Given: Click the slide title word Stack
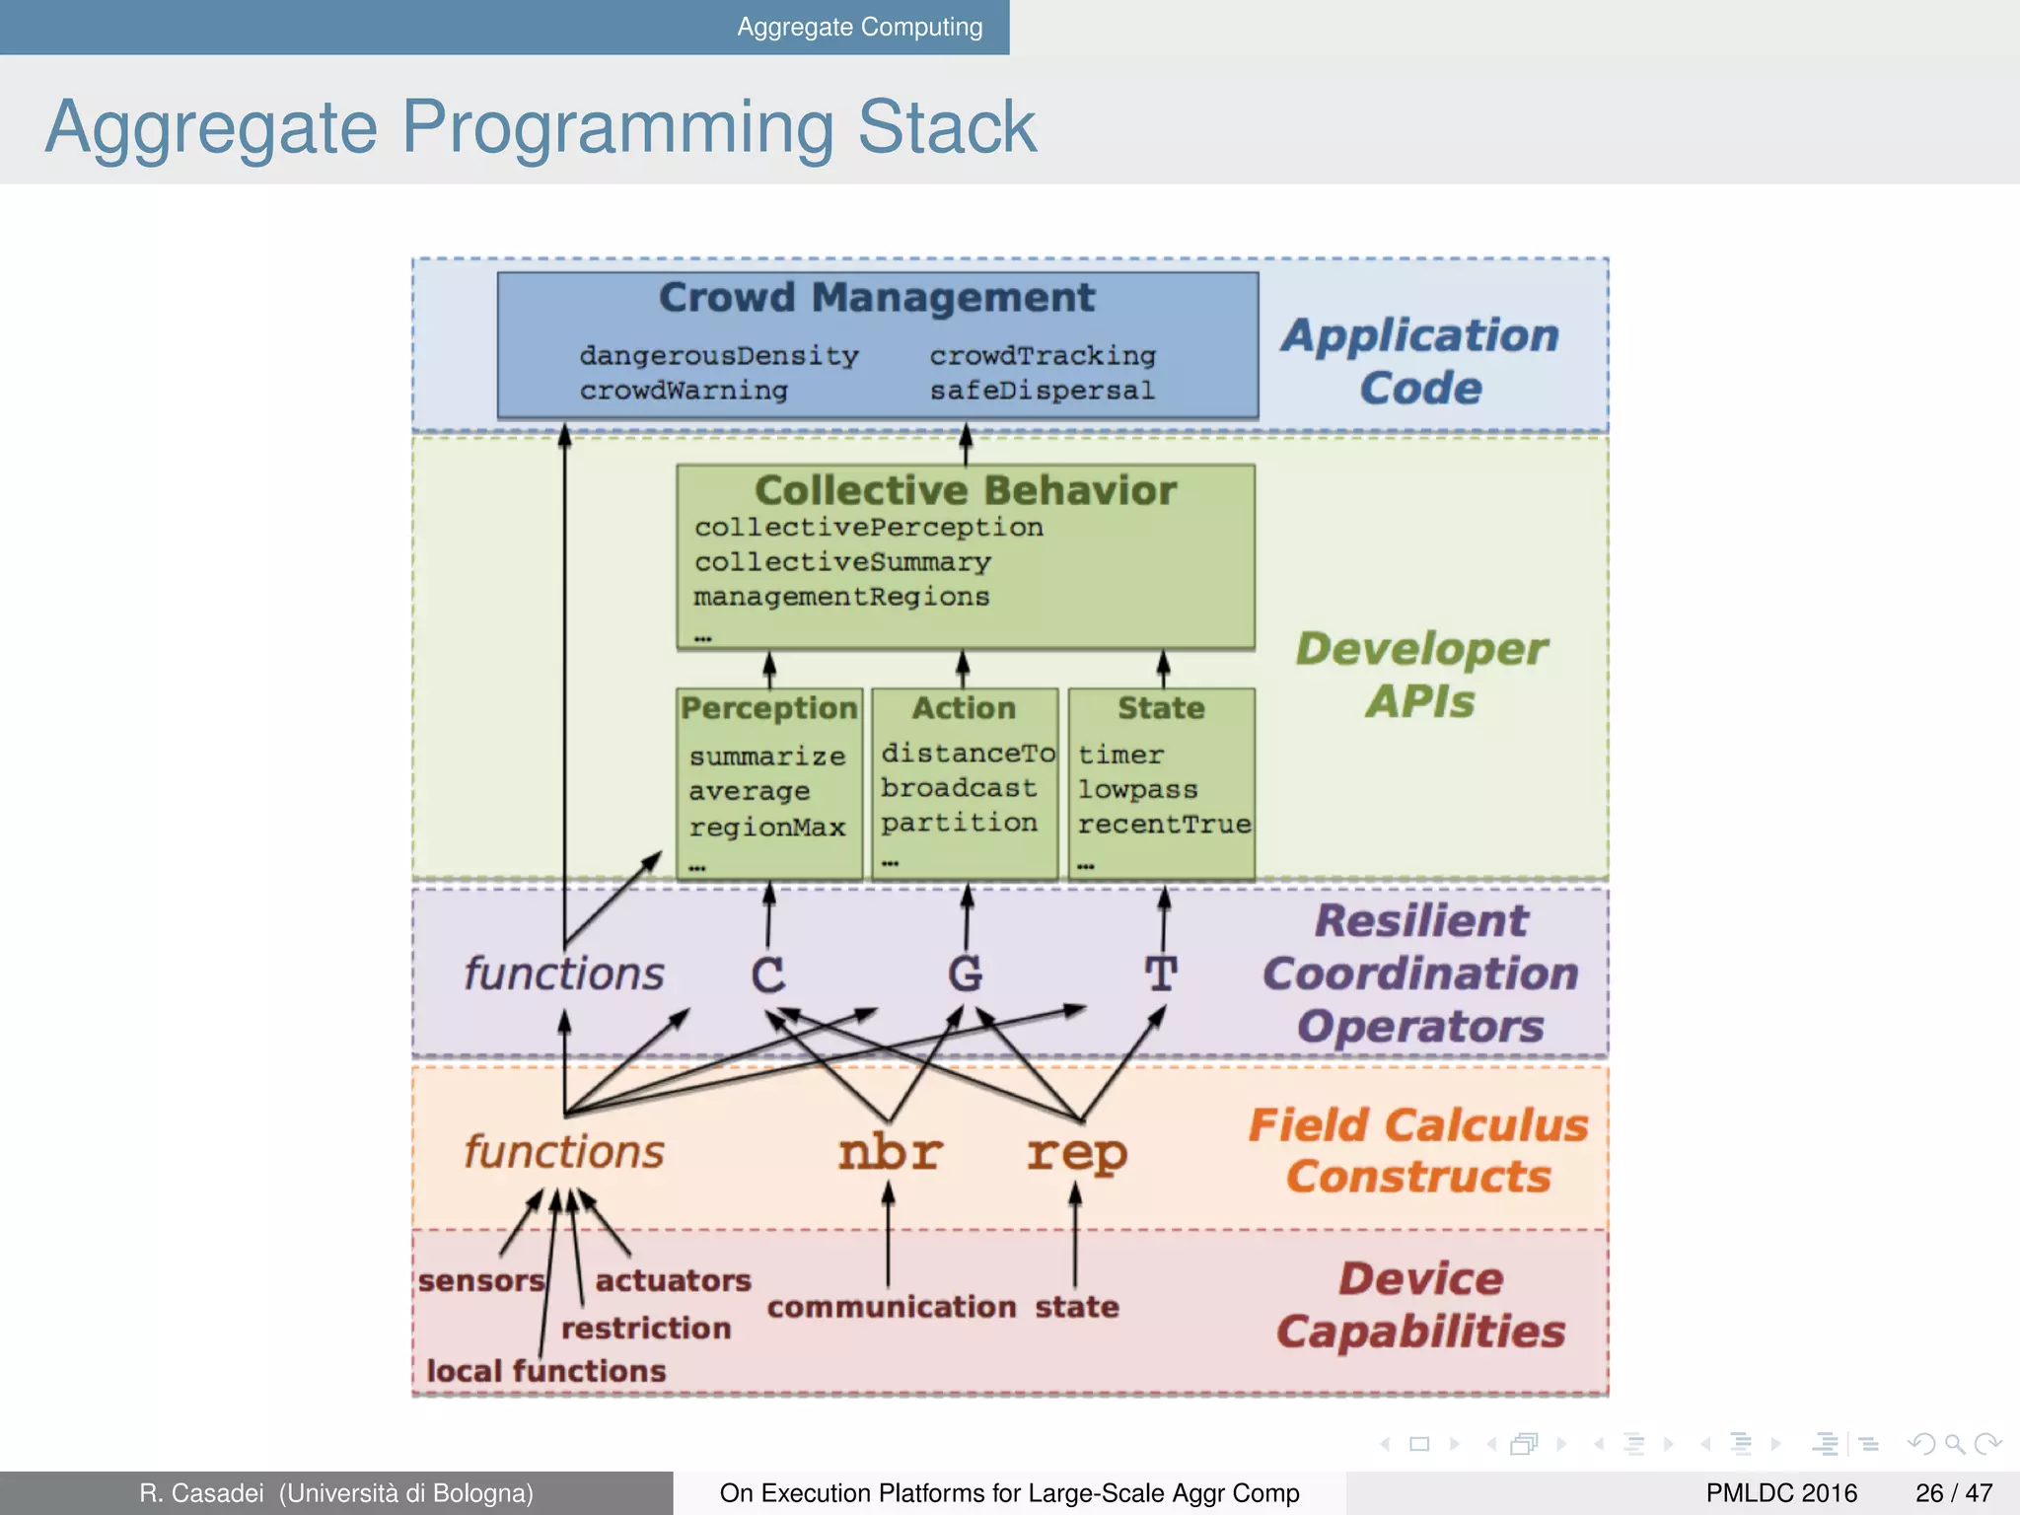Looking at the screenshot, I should coord(946,127).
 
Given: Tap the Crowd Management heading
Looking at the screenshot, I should coord(876,297).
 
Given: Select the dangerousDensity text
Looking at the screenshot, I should coord(718,355).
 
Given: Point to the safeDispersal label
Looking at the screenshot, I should coord(1042,391).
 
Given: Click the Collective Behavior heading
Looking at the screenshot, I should coord(965,490).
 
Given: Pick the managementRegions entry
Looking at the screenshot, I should coord(840,597).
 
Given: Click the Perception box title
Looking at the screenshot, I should coord(768,708).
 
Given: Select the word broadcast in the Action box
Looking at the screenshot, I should coord(958,788).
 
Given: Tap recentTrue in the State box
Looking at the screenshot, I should coord(1163,824).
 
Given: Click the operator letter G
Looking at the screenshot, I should coord(965,974).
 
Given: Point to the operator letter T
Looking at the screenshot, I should coord(1161,974).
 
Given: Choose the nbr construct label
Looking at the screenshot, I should coord(890,1152).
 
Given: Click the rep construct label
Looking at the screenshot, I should coord(1076,1152).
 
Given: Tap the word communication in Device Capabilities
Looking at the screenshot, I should coord(891,1307).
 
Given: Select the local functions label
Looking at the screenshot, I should coord(545,1371).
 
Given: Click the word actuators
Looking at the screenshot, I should coord(673,1280).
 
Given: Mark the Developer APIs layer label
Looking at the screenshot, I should coord(1420,675).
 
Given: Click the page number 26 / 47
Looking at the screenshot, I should coord(1953,1493).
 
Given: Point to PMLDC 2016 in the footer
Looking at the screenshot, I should coord(1781,1493).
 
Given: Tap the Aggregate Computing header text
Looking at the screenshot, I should coord(859,27).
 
